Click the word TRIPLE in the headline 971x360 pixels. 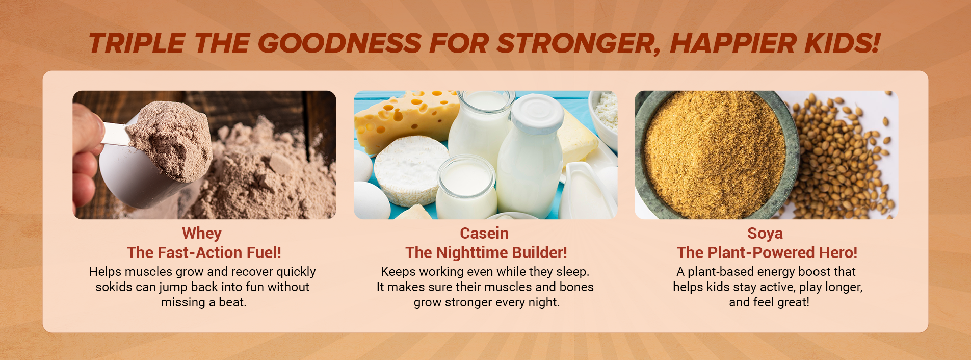[136, 43]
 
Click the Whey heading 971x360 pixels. [202, 234]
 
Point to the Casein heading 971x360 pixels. [484, 233]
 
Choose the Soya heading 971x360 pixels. [765, 234]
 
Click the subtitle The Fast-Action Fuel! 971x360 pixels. [204, 252]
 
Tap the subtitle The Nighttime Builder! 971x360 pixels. [486, 252]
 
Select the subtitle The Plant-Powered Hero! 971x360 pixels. [767, 252]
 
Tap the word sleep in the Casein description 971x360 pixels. [571, 272]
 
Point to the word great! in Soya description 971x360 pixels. [794, 302]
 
